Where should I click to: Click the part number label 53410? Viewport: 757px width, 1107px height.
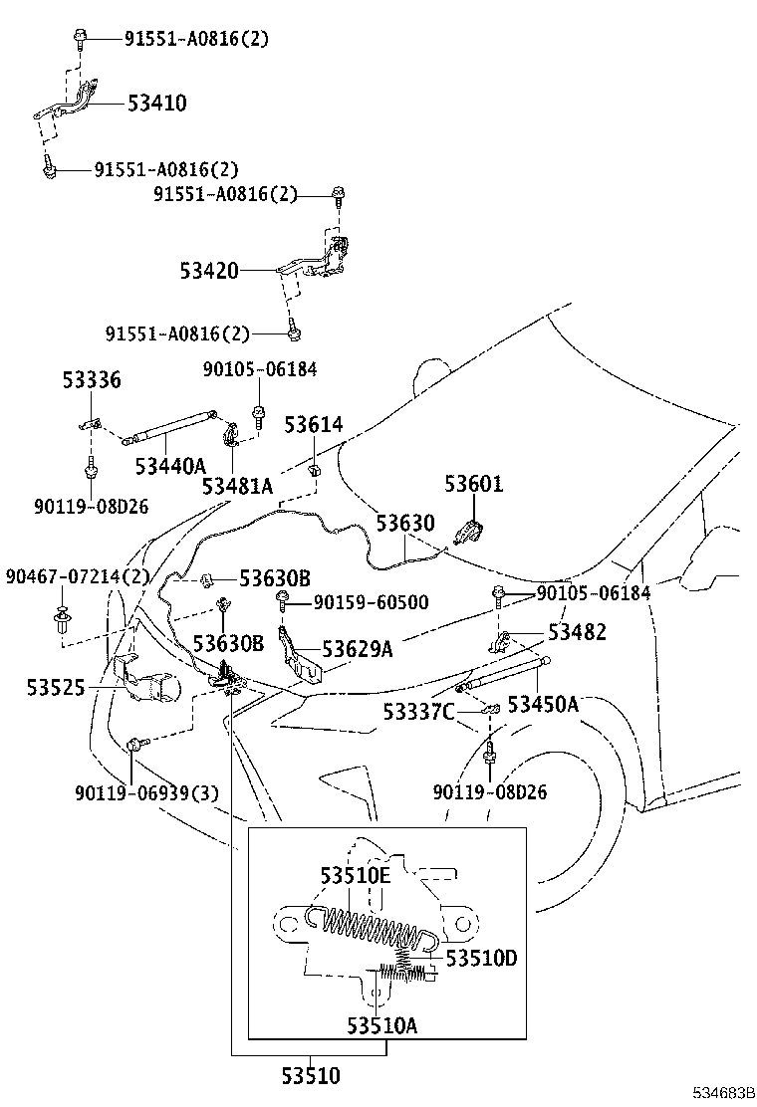tap(156, 104)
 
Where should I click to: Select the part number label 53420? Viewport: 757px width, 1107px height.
tap(209, 270)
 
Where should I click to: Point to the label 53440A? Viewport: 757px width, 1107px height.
tap(170, 465)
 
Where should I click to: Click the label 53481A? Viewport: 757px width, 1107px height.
tap(237, 486)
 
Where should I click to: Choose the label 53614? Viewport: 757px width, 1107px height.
tap(313, 425)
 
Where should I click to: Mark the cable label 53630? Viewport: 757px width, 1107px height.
tap(404, 524)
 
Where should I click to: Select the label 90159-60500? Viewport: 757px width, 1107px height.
tap(371, 602)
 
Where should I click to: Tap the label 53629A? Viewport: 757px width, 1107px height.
tap(358, 650)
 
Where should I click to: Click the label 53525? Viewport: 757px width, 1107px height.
tap(56, 688)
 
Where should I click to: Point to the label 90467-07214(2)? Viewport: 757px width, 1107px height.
tap(77, 577)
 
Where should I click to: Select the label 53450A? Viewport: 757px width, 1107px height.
tap(543, 704)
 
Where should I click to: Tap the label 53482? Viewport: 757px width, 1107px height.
tap(577, 633)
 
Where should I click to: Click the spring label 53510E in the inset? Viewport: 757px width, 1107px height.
tap(355, 875)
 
